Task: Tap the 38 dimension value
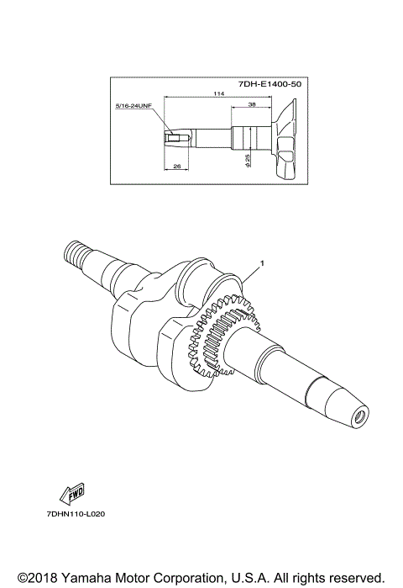coord(252,105)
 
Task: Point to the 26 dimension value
coord(176,167)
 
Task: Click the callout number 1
coord(262,263)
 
